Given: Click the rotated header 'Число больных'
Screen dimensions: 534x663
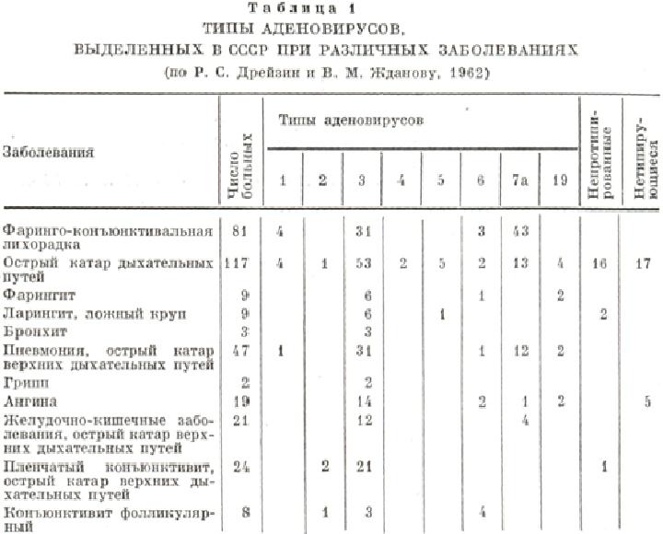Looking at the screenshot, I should point(238,157).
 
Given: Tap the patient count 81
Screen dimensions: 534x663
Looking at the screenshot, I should point(239,228).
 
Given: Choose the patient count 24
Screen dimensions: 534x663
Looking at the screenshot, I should point(239,464).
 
